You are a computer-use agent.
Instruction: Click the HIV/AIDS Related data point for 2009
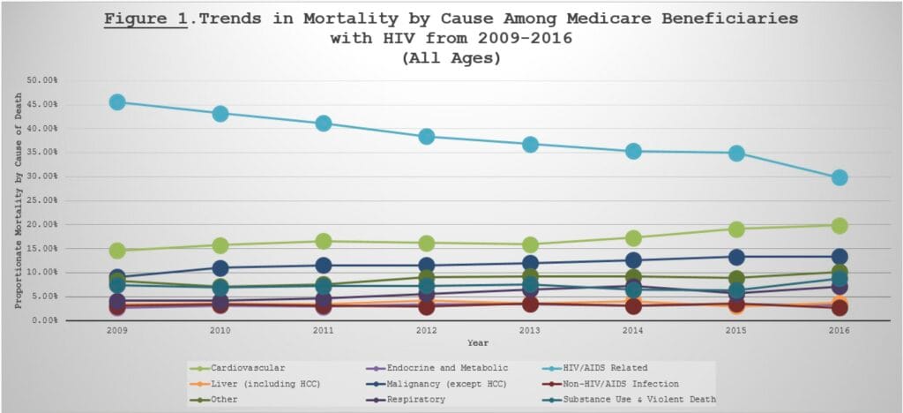coord(117,102)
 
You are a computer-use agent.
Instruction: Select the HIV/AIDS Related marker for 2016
coord(840,176)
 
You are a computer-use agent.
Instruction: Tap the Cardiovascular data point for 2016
coord(840,225)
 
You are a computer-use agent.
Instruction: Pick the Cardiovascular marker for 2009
coord(117,251)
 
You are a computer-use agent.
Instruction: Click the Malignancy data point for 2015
coord(736,257)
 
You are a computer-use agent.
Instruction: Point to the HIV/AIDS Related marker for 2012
coord(426,137)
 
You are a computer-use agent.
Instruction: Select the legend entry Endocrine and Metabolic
coord(438,368)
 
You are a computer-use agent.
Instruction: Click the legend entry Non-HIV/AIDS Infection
coord(612,384)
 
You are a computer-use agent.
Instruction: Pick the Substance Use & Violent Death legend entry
coord(630,399)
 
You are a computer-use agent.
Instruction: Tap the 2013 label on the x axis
coord(530,331)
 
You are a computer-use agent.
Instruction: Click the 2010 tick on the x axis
coord(220,331)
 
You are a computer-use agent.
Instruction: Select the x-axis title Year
coord(478,343)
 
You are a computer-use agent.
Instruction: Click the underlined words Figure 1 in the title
coord(146,19)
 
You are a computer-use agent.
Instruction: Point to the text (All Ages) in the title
coord(451,59)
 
